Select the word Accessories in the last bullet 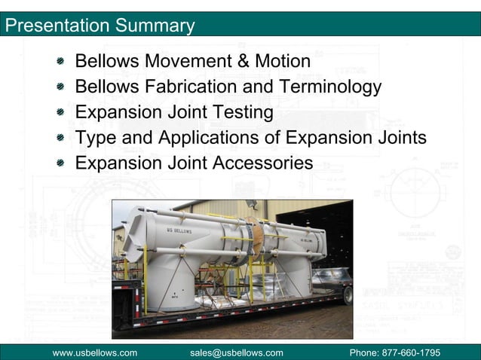262,163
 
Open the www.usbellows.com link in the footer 94,352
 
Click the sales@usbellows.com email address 236,352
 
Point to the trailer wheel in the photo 348,294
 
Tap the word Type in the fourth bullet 94,138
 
